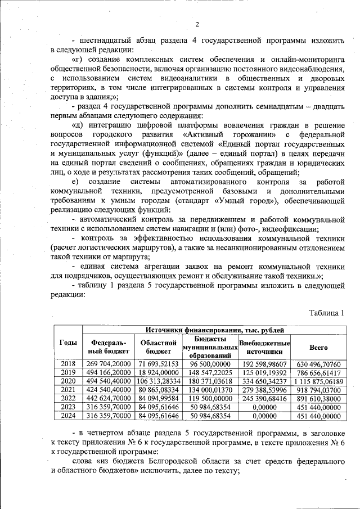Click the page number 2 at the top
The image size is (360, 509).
pos(196,24)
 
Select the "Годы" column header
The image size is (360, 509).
pos(68,343)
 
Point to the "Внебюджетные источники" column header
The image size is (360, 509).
pos(264,347)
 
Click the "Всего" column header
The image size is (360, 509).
pos(318,347)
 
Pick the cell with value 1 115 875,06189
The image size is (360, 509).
pos(318,381)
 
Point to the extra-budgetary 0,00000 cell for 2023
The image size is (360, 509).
pos(264,407)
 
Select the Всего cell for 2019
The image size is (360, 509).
pos(318,372)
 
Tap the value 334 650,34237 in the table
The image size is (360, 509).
pos(264,381)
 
